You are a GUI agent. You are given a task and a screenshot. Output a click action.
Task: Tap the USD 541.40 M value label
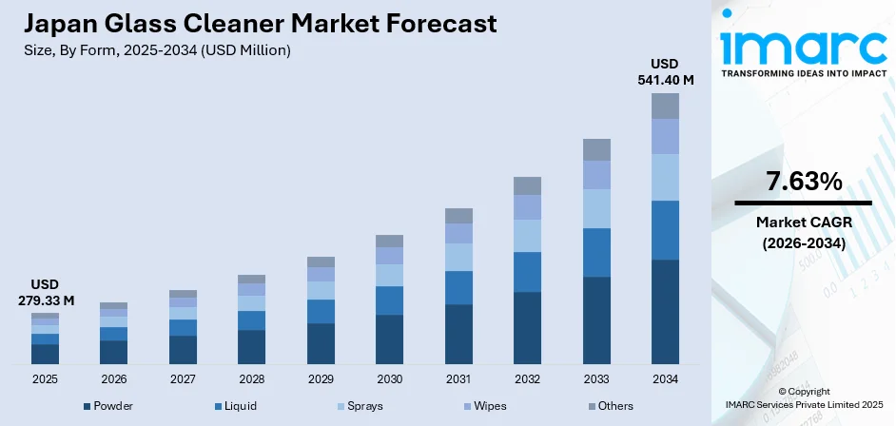pos(665,72)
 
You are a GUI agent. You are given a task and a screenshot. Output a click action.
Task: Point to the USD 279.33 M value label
pos(45,293)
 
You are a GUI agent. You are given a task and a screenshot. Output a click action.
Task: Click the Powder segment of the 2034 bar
pos(665,311)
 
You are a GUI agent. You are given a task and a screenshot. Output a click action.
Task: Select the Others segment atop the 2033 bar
pos(596,149)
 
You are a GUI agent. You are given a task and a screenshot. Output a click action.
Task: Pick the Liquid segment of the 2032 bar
pos(527,272)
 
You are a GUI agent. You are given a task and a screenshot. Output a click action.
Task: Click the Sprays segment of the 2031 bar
pos(458,257)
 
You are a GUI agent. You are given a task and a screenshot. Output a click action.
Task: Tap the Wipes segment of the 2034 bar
pos(665,136)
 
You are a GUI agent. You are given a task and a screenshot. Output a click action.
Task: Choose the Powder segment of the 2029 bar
pos(321,343)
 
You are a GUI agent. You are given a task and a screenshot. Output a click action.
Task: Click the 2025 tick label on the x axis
pos(45,379)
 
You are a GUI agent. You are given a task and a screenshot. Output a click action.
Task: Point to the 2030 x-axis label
pos(389,379)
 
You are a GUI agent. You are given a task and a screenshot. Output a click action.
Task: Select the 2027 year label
pos(183,379)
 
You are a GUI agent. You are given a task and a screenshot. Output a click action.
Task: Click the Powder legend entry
pos(108,406)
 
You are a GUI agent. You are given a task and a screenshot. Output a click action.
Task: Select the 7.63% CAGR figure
pos(803,181)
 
